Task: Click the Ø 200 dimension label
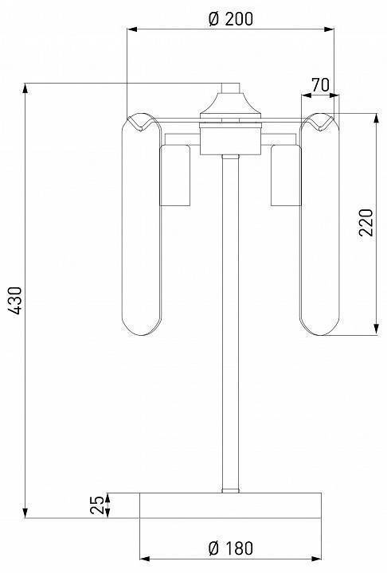(230, 18)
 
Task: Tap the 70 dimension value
(320, 85)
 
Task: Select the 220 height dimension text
(365, 223)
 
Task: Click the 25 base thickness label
(97, 505)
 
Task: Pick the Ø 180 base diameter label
(230, 548)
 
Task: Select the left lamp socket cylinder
(175, 175)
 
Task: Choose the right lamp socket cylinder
(286, 175)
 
